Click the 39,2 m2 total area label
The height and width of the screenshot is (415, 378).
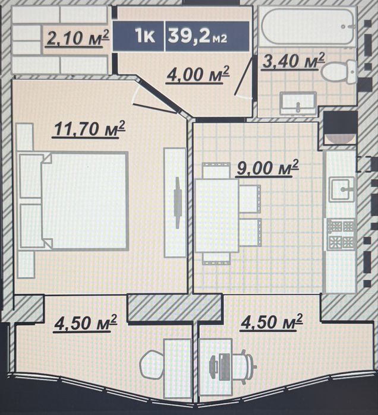[197, 37]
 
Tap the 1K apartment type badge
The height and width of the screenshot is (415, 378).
[145, 36]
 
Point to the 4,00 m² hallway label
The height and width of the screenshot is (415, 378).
[197, 75]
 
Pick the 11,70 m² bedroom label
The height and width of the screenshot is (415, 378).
[89, 129]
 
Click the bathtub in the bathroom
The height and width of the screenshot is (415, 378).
[308, 27]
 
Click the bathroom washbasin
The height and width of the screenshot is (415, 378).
[298, 103]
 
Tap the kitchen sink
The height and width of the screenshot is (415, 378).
[342, 189]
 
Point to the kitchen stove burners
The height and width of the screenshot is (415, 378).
[341, 235]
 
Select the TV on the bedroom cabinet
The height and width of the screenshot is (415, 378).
[178, 203]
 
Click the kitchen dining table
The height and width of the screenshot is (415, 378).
[217, 216]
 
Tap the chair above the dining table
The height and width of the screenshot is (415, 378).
[216, 170]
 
